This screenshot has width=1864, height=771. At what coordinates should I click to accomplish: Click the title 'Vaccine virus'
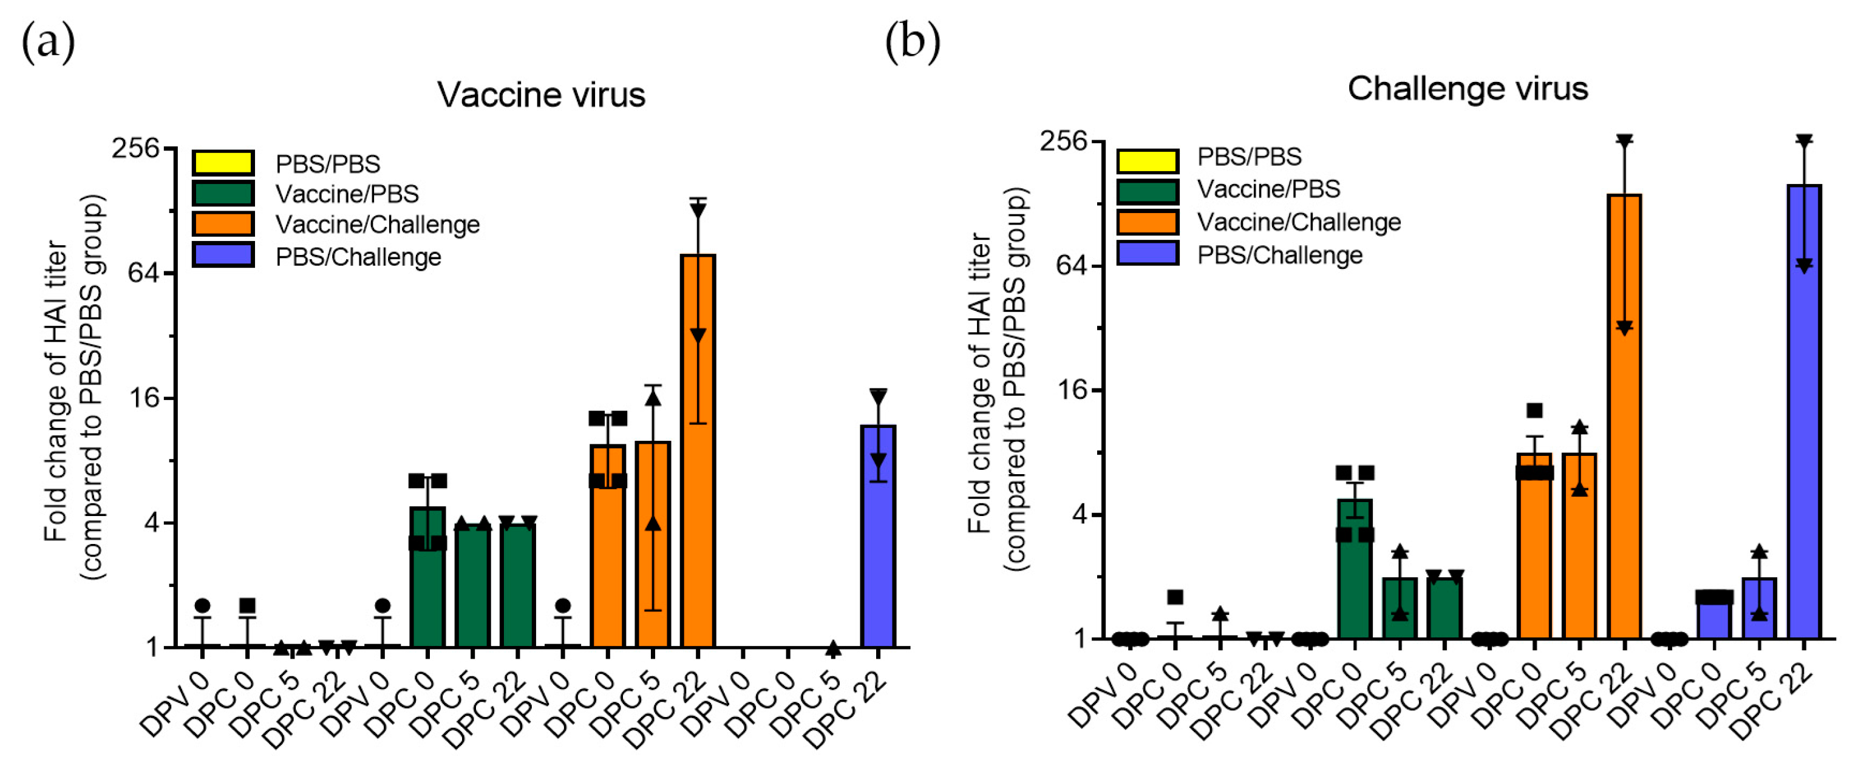tap(540, 95)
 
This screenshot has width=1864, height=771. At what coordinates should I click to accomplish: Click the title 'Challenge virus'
tap(1467, 88)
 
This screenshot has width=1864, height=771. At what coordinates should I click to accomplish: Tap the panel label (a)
tap(48, 42)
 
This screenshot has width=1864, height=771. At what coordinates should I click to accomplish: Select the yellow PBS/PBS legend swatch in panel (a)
tap(223, 163)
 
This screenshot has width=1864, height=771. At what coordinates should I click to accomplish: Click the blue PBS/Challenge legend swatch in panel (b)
tap(1147, 253)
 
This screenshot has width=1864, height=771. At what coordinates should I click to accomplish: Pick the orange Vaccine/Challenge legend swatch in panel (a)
tap(223, 223)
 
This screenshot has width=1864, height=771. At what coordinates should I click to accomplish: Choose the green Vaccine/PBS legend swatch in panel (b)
tap(1147, 190)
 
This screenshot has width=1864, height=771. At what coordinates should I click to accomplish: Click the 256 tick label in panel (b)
tap(1063, 140)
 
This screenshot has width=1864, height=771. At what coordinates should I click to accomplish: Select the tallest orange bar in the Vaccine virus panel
tap(698, 449)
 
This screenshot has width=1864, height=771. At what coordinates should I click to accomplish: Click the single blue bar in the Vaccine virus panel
tap(878, 535)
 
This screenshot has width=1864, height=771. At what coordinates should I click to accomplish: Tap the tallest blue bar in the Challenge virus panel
tap(1803, 412)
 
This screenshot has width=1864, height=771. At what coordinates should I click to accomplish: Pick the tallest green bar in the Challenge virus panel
tap(1355, 568)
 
